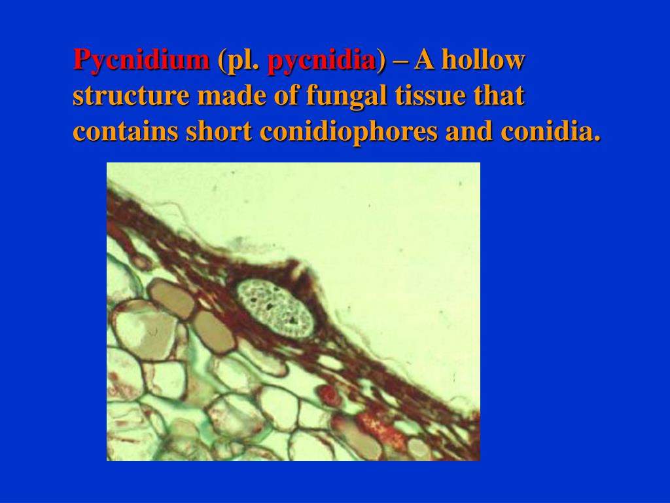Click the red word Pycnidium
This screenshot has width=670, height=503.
click(141, 60)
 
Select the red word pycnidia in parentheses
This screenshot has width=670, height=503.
click(322, 60)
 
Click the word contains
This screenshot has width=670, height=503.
click(126, 132)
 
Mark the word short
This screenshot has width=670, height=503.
click(219, 132)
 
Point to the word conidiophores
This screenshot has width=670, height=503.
click(348, 132)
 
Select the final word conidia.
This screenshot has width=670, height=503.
click(550, 132)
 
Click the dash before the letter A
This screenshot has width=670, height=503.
click(400, 60)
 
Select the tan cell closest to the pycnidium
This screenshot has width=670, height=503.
click(215, 332)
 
